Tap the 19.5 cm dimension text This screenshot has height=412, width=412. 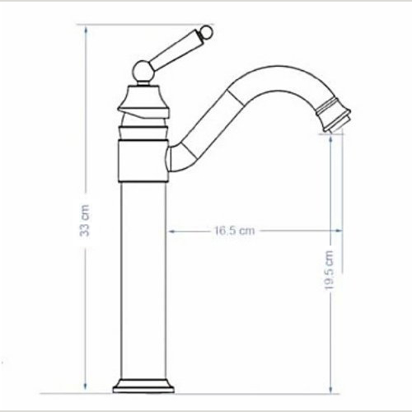click(329, 269)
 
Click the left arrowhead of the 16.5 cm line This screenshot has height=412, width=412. click(174, 232)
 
